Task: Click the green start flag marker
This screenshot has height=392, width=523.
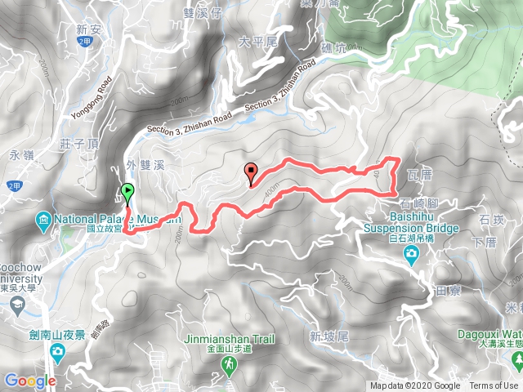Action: tap(127, 194)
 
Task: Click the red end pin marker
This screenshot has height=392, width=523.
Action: tap(251, 172)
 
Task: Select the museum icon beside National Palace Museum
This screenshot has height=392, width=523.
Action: tap(42, 220)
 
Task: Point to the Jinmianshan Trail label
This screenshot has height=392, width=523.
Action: tap(231, 337)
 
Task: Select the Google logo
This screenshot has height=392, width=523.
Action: tap(29, 381)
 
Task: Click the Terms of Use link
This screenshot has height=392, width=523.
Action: tap(493, 385)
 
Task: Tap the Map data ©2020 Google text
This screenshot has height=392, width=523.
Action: tap(415, 385)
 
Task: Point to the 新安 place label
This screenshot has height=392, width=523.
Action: tap(87, 29)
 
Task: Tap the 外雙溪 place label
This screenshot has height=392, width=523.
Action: tap(146, 163)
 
